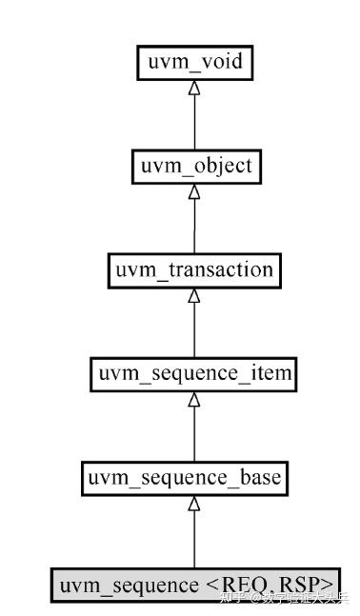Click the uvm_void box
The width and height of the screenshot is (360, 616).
[x=194, y=64]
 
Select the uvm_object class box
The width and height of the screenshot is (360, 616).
[x=194, y=166]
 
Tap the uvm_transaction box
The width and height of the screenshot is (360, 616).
[x=194, y=269]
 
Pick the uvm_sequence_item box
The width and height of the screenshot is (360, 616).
[x=193, y=375]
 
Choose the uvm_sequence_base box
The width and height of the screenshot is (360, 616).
[x=194, y=477]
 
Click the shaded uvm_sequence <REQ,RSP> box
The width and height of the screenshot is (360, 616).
[x=196, y=582]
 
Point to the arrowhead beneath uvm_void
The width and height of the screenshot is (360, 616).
[x=194, y=88]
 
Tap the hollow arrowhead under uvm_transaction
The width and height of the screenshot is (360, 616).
[x=194, y=294]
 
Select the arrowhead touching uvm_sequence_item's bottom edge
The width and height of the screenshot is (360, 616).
[x=194, y=399]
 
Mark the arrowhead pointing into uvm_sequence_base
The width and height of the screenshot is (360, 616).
[x=194, y=502]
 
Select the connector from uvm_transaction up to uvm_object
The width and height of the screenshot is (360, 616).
[x=194, y=225]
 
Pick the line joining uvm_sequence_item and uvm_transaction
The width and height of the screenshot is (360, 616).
[x=194, y=329]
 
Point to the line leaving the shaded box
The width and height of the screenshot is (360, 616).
[x=194, y=538]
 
